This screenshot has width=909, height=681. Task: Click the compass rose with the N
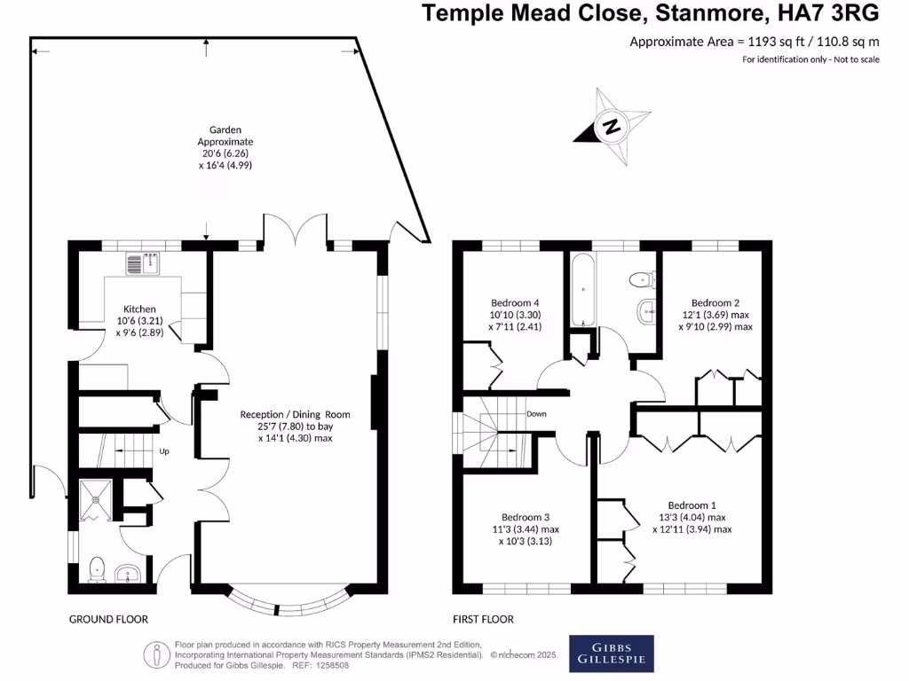(612, 126)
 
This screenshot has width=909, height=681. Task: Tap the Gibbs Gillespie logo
(612, 653)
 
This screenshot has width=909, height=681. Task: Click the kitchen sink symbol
(143, 263)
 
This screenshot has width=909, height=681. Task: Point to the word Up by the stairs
(164, 451)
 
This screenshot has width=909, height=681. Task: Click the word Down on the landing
(536, 414)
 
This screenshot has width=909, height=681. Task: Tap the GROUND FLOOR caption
(108, 619)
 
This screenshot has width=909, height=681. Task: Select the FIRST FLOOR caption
(484, 619)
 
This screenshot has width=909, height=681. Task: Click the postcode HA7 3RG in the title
(825, 13)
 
